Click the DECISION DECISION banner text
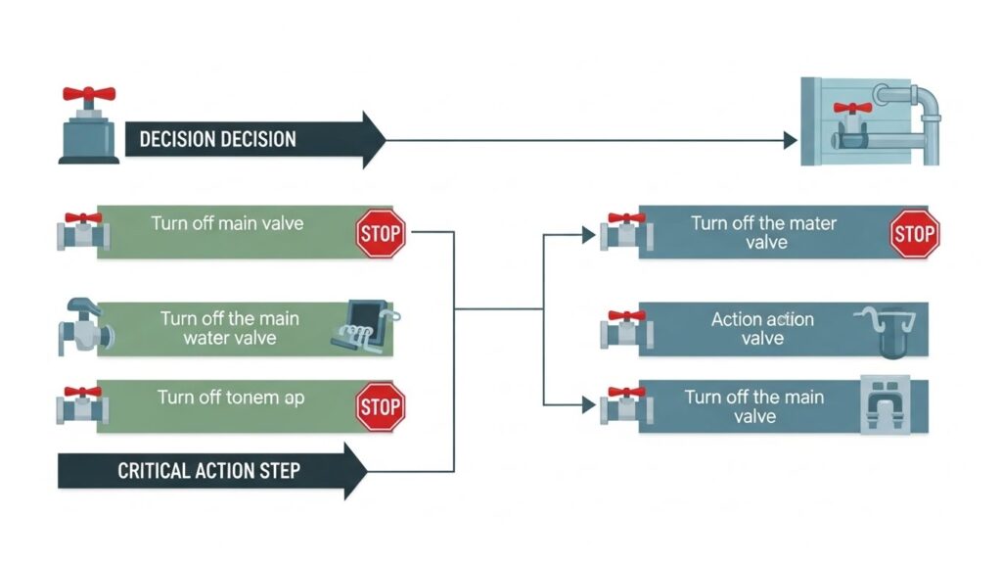pyautogui.click(x=217, y=139)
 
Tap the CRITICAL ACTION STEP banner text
pyautogui.click(x=208, y=471)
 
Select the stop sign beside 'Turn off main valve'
pyautogui.click(x=381, y=232)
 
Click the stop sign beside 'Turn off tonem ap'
pyautogui.click(x=381, y=407)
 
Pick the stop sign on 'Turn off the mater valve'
pyautogui.click(x=914, y=233)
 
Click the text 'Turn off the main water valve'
pyautogui.click(x=230, y=328)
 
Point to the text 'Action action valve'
pyautogui.click(x=762, y=328)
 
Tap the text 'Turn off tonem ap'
pyautogui.click(x=230, y=399)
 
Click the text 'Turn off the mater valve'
pyautogui.click(x=763, y=232)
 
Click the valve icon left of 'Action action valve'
pyautogui.click(x=622, y=329)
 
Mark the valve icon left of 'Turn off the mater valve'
pyautogui.click(x=622, y=232)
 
